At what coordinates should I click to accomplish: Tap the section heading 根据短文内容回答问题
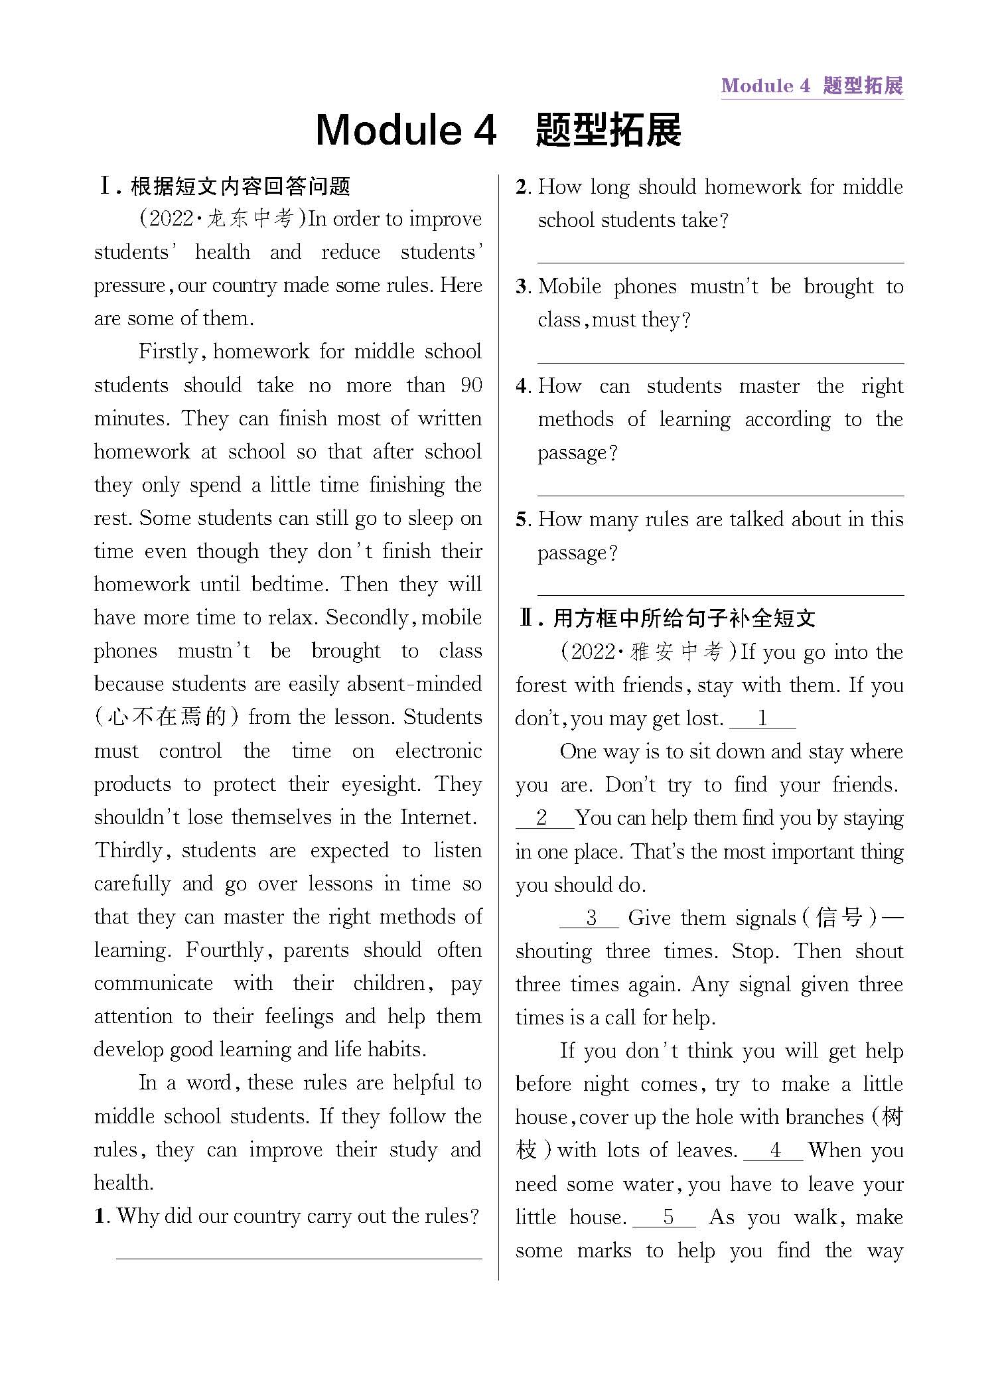tap(240, 186)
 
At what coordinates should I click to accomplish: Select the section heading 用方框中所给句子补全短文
tap(683, 618)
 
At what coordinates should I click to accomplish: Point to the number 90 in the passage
tap(470, 385)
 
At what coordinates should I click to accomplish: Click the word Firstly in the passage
tap(169, 352)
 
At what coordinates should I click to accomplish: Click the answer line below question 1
tap(299, 1257)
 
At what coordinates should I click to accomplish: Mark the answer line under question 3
tap(720, 362)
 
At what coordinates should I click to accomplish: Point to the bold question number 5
tap(522, 520)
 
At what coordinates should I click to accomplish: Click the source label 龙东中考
tap(249, 219)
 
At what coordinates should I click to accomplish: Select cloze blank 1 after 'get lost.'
tap(762, 719)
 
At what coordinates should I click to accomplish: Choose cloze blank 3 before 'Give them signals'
tap(590, 918)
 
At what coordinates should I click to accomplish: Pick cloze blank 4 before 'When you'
tap(774, 1150)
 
